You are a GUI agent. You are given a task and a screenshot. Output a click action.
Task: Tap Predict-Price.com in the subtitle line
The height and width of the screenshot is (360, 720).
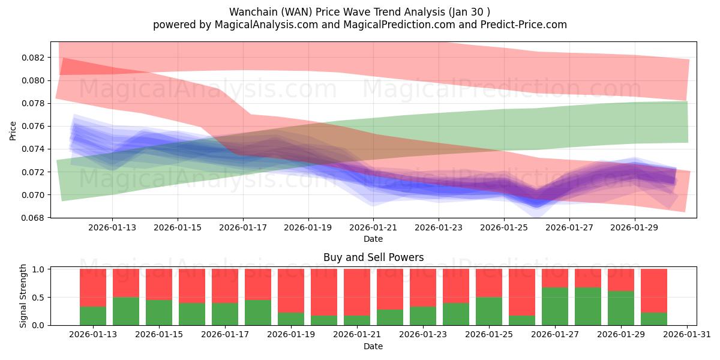pyautogui.click(x=527, y=25)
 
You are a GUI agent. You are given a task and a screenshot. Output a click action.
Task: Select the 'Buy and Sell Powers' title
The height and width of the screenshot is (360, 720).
pyautogui.click(x=373, y=257)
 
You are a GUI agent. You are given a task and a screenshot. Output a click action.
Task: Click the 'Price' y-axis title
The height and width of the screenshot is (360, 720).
pyautogui.click(x=13, y=130)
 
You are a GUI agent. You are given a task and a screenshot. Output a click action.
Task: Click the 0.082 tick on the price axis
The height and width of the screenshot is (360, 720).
pyautogui.click(x=34, y=58)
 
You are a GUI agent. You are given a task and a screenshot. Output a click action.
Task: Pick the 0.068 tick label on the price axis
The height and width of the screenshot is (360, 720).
pyautogui.click(x=34, y=218)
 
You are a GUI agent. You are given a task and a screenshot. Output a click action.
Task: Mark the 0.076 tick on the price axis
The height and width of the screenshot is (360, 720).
pyautogui.click(x=34, y=126)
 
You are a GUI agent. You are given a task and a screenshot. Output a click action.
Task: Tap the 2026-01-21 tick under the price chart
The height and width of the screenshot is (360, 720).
pyautogui.click(x=373, y=228)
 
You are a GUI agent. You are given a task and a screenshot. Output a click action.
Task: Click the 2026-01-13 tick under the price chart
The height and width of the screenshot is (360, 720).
pyautogui.click(x=112, y=228)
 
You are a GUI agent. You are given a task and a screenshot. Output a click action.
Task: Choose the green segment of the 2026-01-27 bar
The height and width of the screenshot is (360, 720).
pyautogui.click(x=555, y=306)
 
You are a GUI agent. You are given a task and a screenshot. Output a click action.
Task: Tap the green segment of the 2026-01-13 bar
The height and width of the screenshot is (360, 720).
pyautogui.click(x=93, y=316)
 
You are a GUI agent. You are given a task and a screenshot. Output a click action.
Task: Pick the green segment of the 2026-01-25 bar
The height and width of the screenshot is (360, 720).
pyautogui.click(x=489, y=311)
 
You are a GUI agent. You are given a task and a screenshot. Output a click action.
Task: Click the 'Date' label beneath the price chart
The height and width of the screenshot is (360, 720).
pyautogui.click(x=373, y=239)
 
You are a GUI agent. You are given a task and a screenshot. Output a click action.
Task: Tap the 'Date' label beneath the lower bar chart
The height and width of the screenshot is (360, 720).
pyautogui.click(x=373, y=346)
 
